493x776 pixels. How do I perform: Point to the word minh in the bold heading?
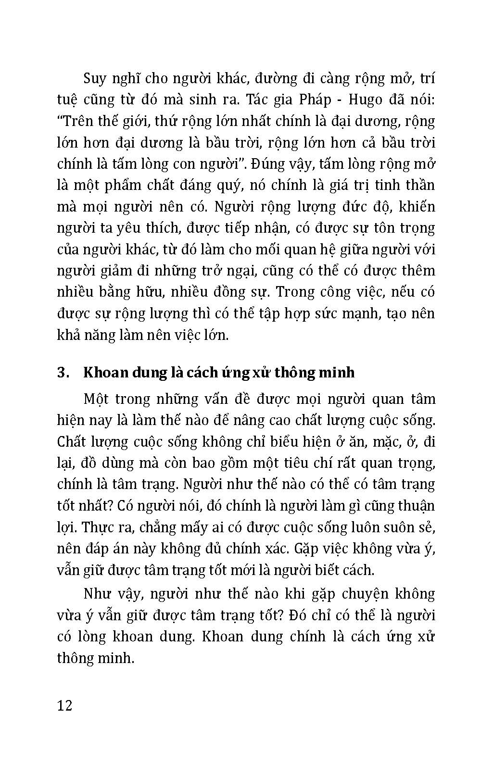tap(337, 373)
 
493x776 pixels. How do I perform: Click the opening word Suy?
tap(96, 78)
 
